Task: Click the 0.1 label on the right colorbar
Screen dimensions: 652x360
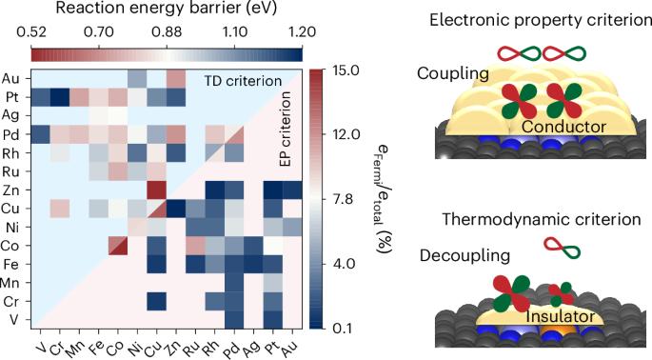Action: point(343,328)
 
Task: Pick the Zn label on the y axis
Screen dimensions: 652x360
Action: point(10,190)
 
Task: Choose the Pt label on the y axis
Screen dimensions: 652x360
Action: point(11,97)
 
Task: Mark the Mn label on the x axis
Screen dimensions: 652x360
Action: point(76,347)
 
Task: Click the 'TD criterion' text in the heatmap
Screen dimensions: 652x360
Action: point(243,81)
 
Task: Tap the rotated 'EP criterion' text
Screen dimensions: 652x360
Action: point(286,129)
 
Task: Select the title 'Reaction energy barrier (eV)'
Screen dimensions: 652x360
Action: point(167,9)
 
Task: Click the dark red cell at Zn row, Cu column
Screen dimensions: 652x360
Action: point(157,190)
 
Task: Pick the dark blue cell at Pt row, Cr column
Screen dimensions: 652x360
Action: point(60,97)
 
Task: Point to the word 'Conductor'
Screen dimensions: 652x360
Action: point(563,127)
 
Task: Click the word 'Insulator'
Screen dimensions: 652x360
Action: point(560,316)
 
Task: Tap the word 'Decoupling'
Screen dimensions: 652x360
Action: point(464,255)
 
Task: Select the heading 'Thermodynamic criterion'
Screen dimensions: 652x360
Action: point(541,219)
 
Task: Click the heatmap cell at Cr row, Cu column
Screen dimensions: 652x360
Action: point(157,301)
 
